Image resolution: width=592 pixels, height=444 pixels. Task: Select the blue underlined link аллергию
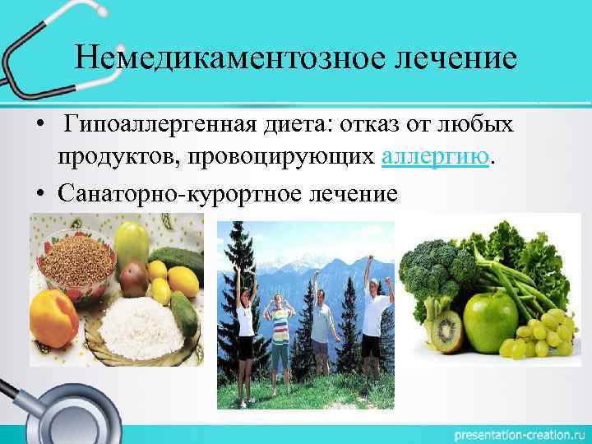(436, 157)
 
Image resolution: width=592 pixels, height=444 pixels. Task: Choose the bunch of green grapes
(542, 333)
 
